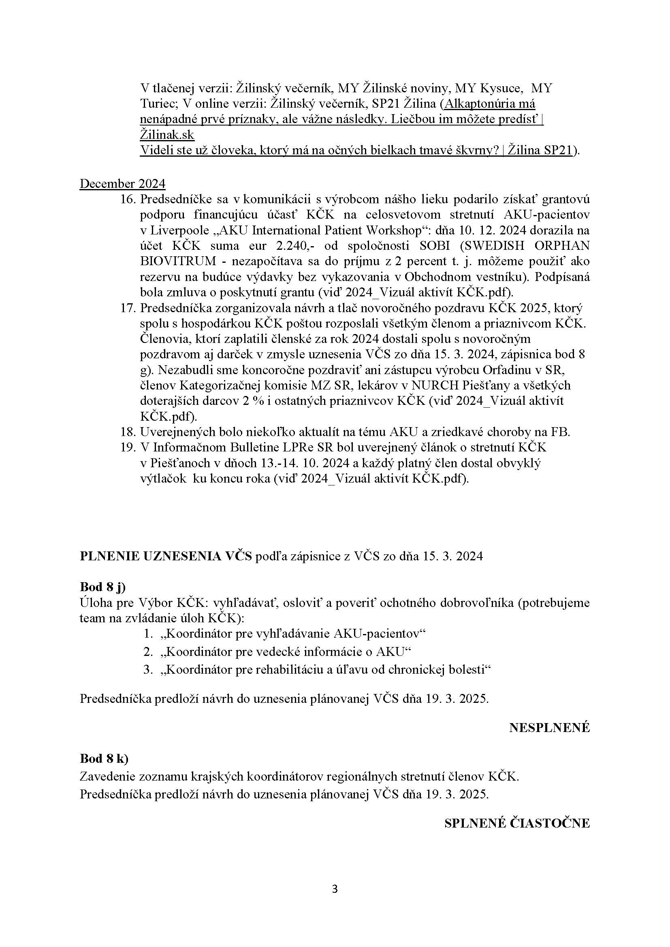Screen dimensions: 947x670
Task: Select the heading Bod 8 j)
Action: click(102, 587)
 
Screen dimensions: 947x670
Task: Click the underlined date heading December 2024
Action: click(122, 183)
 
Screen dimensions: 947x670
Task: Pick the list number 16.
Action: click(128, 199)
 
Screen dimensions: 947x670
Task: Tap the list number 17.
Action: click(128, 308)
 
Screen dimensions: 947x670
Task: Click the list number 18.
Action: click(128, 432)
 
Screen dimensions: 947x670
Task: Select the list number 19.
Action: click(128, 447)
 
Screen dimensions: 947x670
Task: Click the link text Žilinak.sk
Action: click(167, 135)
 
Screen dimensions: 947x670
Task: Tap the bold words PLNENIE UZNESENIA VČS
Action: click(165, 556)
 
